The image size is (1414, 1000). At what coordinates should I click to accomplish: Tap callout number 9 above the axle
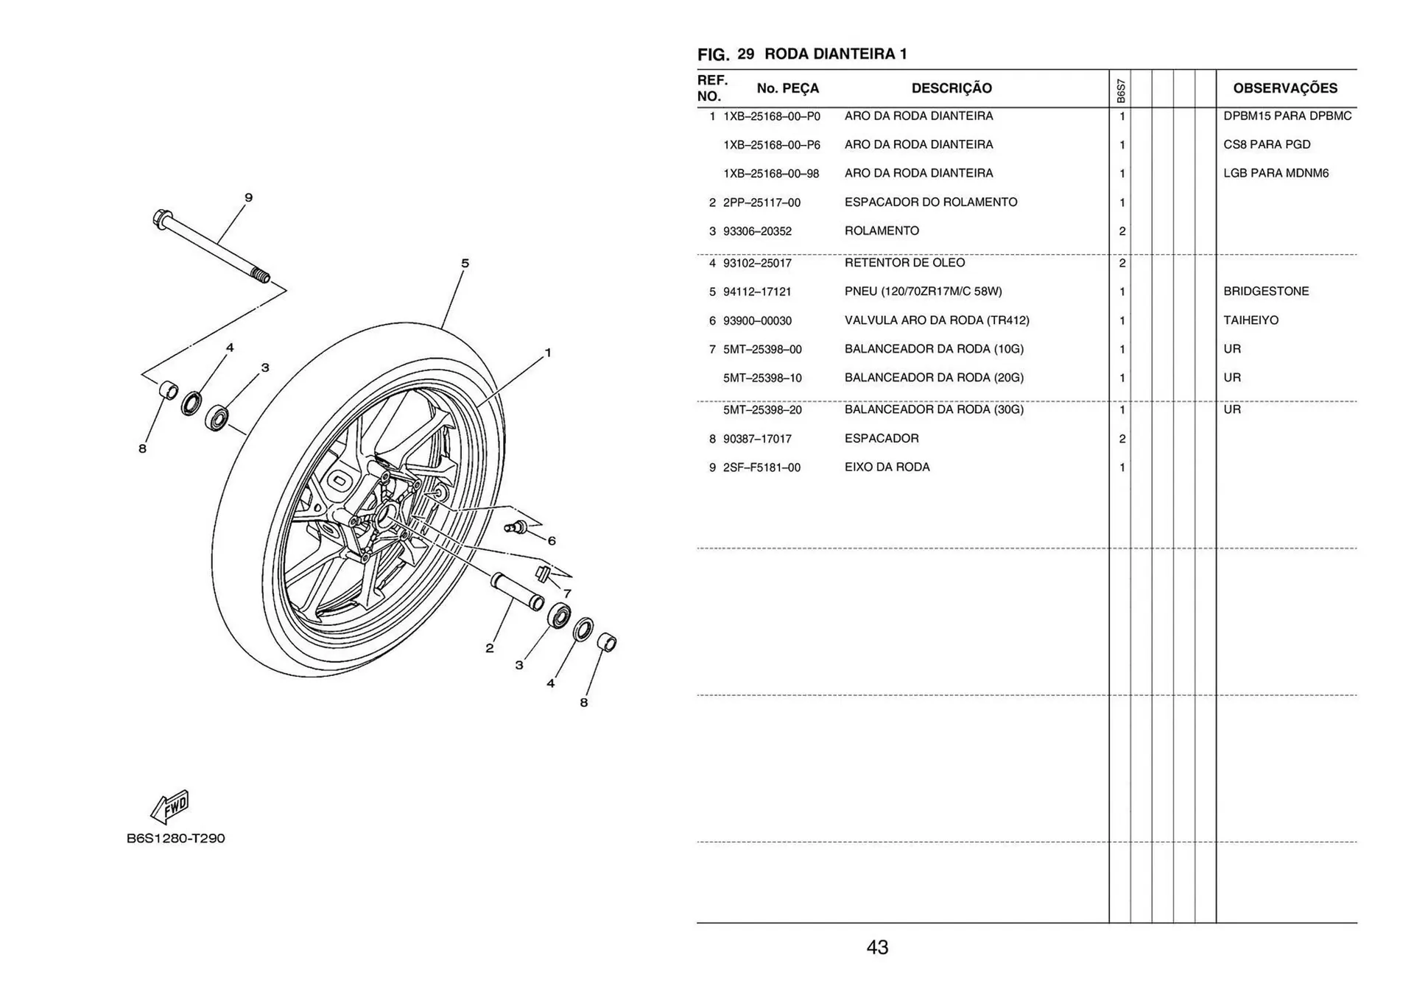(249, 197)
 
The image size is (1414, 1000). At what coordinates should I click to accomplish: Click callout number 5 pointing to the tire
(465, 263)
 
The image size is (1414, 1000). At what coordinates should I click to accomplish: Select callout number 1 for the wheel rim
(547, 353)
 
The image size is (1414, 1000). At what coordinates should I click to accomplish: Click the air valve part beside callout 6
(516, 527)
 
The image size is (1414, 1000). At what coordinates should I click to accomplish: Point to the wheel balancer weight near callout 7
(544, 573)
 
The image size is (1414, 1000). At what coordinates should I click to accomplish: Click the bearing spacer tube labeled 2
(517, 591)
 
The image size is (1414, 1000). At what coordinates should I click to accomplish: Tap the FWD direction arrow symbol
(171, 807)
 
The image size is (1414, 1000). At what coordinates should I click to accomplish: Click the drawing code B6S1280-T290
(175, 838)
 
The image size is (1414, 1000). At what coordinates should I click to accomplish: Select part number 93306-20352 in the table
(757, 231)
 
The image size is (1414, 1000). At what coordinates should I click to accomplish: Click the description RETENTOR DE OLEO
(904, 263)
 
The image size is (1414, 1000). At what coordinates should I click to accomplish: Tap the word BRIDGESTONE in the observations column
(1266, 292)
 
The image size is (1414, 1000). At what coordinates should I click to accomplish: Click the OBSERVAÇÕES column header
(1284, 88)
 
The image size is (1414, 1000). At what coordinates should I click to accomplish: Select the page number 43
(877, 948)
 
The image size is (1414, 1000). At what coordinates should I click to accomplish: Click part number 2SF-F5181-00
(761, 468)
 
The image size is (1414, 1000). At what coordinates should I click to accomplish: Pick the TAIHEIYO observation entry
(1251, 320)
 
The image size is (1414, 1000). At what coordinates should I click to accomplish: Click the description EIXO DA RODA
(887, 468)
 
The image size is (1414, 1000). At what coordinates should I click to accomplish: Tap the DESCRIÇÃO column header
(952, 88)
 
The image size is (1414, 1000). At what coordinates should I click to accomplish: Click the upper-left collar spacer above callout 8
(169, 390)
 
